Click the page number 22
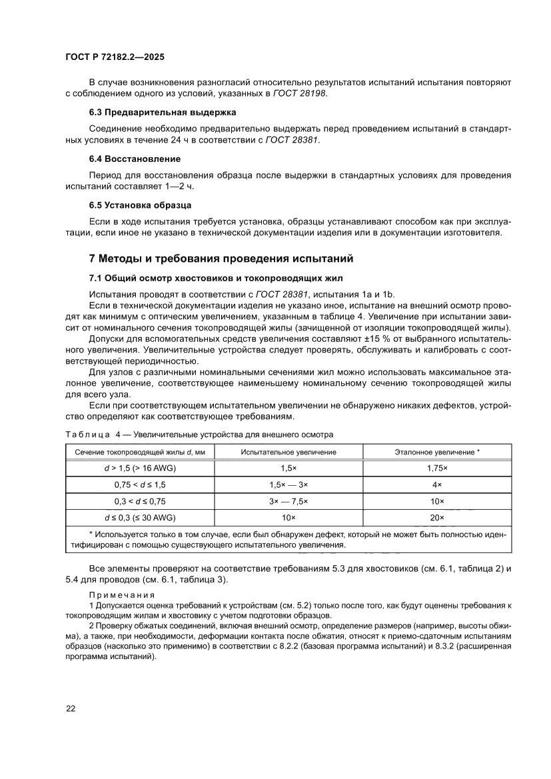[x=71, y=708]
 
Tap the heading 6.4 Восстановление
[x=135, y=159]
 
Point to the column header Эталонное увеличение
[x=437, y=452]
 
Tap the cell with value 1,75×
[x=437, y=468]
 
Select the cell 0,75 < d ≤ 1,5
[x=139, y=484]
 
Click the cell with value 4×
[x=437, y=484]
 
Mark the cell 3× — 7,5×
[x=288, y=500]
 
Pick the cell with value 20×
[x=437, y=517]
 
